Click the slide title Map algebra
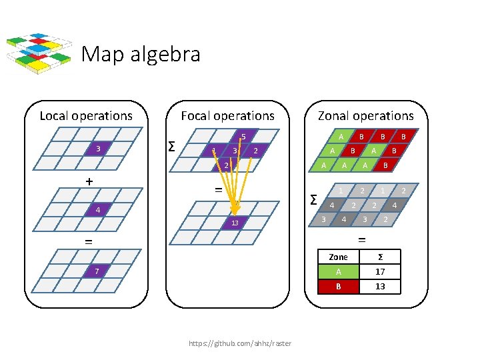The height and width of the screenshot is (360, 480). click(x=141, y=53)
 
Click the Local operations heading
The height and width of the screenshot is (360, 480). click(x=86, y=116)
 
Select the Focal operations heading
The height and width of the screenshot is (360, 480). click(x=227, y=116)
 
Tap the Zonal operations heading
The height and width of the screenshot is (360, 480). click(x=365, y=116)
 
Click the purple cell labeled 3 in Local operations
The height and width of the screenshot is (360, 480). click(x=98, y=148)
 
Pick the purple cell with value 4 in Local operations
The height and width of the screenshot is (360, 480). click(x=98, y=211)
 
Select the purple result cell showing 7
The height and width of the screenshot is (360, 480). click(x=98, y=271)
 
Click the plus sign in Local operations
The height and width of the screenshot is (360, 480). click(x=89, y=181)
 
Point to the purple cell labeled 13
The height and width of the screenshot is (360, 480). click(x=235, y=222)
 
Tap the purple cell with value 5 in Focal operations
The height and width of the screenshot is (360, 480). click(x=244, y=138)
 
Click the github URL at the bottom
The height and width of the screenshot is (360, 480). click(x=240, y=343)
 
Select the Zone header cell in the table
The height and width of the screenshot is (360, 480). click(x=339, y=257)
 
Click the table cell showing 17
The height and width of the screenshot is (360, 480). click(x=380, y=272)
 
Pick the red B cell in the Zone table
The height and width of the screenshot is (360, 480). click(x=339, y=287)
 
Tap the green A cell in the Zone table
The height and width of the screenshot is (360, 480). click(x=339, y=272)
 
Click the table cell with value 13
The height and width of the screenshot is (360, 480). click(x=380, y=287)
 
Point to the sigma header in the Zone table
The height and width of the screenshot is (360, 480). click(x=380, y=257)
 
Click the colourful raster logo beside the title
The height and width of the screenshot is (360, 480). click(x=39, y=52)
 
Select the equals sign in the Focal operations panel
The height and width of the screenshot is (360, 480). click(x=217, y=190)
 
